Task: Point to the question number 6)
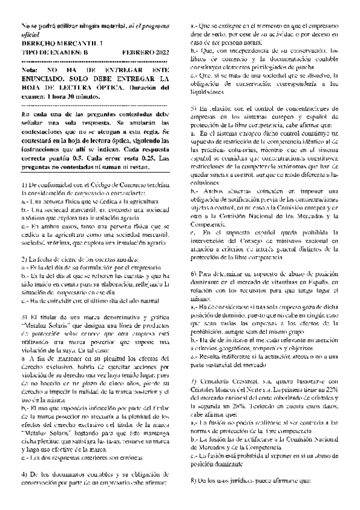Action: coord(194,256)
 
